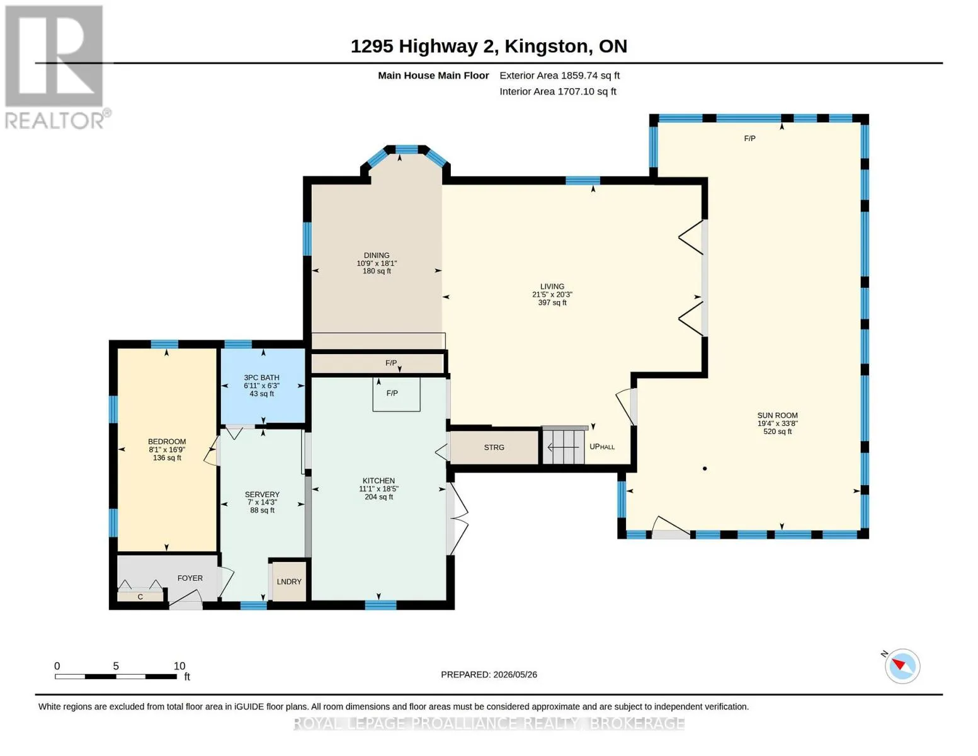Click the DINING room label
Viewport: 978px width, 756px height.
click(x=377, y=255)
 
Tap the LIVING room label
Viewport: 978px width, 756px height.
click(x=552, y=287)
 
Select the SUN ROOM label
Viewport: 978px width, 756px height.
click(x=777, y=416)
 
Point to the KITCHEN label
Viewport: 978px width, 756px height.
click(x=378, y=481)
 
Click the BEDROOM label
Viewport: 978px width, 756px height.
click(x=167, y=442)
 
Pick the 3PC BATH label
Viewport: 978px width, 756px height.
click(x=261, y=378)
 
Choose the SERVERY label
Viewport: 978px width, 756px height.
click(x=262, y=495)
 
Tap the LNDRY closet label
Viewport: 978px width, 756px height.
click(x=289, y=581)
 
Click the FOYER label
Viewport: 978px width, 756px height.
click(x=190, y=578)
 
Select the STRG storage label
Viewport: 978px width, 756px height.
click(x=494, y=447)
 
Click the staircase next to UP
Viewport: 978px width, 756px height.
click(x=564, y=446)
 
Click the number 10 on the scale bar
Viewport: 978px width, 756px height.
click(x=179, y=666)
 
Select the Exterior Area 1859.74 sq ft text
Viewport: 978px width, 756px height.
click(x=559, y=76)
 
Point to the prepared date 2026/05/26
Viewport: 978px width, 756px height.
click(x=515, y=675)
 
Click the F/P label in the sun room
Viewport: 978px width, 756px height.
click(x=749, y=139)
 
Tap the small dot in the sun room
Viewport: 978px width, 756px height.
click(x=704, y=469)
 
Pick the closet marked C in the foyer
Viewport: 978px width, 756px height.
click(x=140, y=597)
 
